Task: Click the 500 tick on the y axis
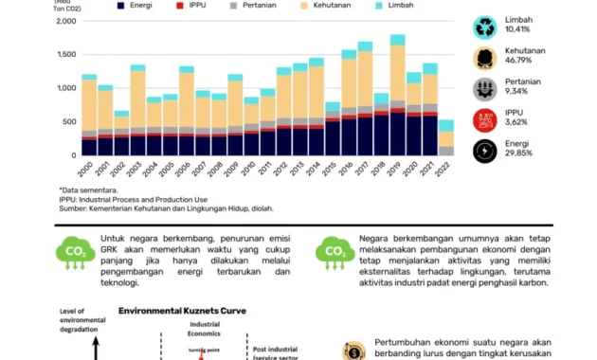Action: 68,121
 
